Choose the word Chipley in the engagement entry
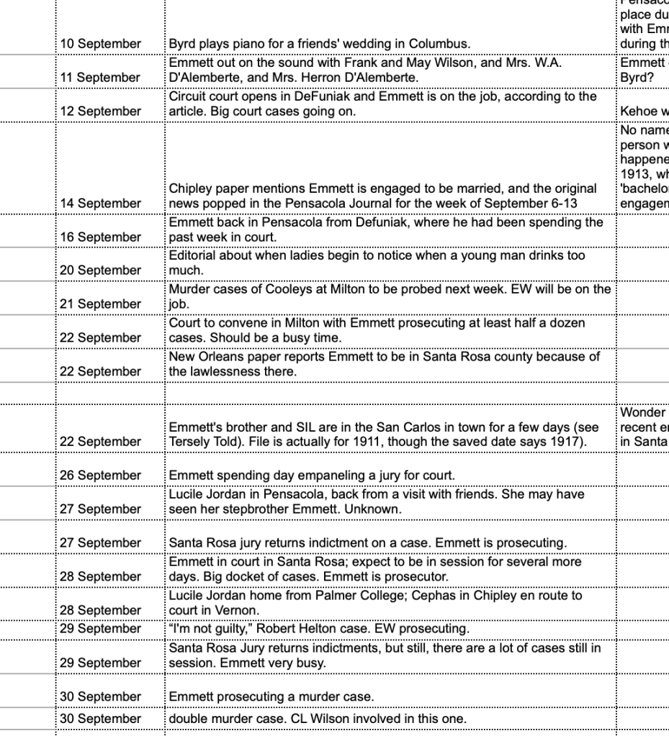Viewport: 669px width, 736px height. point(190,188)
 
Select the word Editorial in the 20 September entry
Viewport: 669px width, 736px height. point(192,255)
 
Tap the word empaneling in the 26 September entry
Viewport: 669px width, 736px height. point(300,476)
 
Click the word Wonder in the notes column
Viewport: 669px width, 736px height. point(642,412)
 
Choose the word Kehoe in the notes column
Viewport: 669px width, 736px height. point(638,111)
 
